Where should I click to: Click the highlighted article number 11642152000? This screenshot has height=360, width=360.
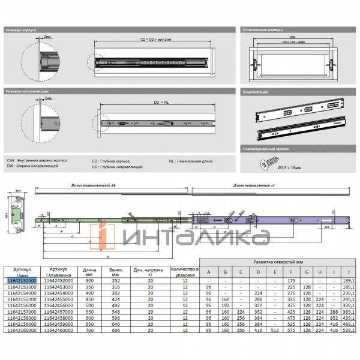(21, 280)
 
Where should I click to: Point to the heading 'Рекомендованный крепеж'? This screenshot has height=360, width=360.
(265, 147)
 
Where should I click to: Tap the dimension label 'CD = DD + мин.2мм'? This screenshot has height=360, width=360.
(155, 41)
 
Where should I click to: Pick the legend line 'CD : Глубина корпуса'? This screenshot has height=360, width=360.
(112, 161)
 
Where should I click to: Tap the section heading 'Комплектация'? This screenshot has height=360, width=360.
(256, 93)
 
